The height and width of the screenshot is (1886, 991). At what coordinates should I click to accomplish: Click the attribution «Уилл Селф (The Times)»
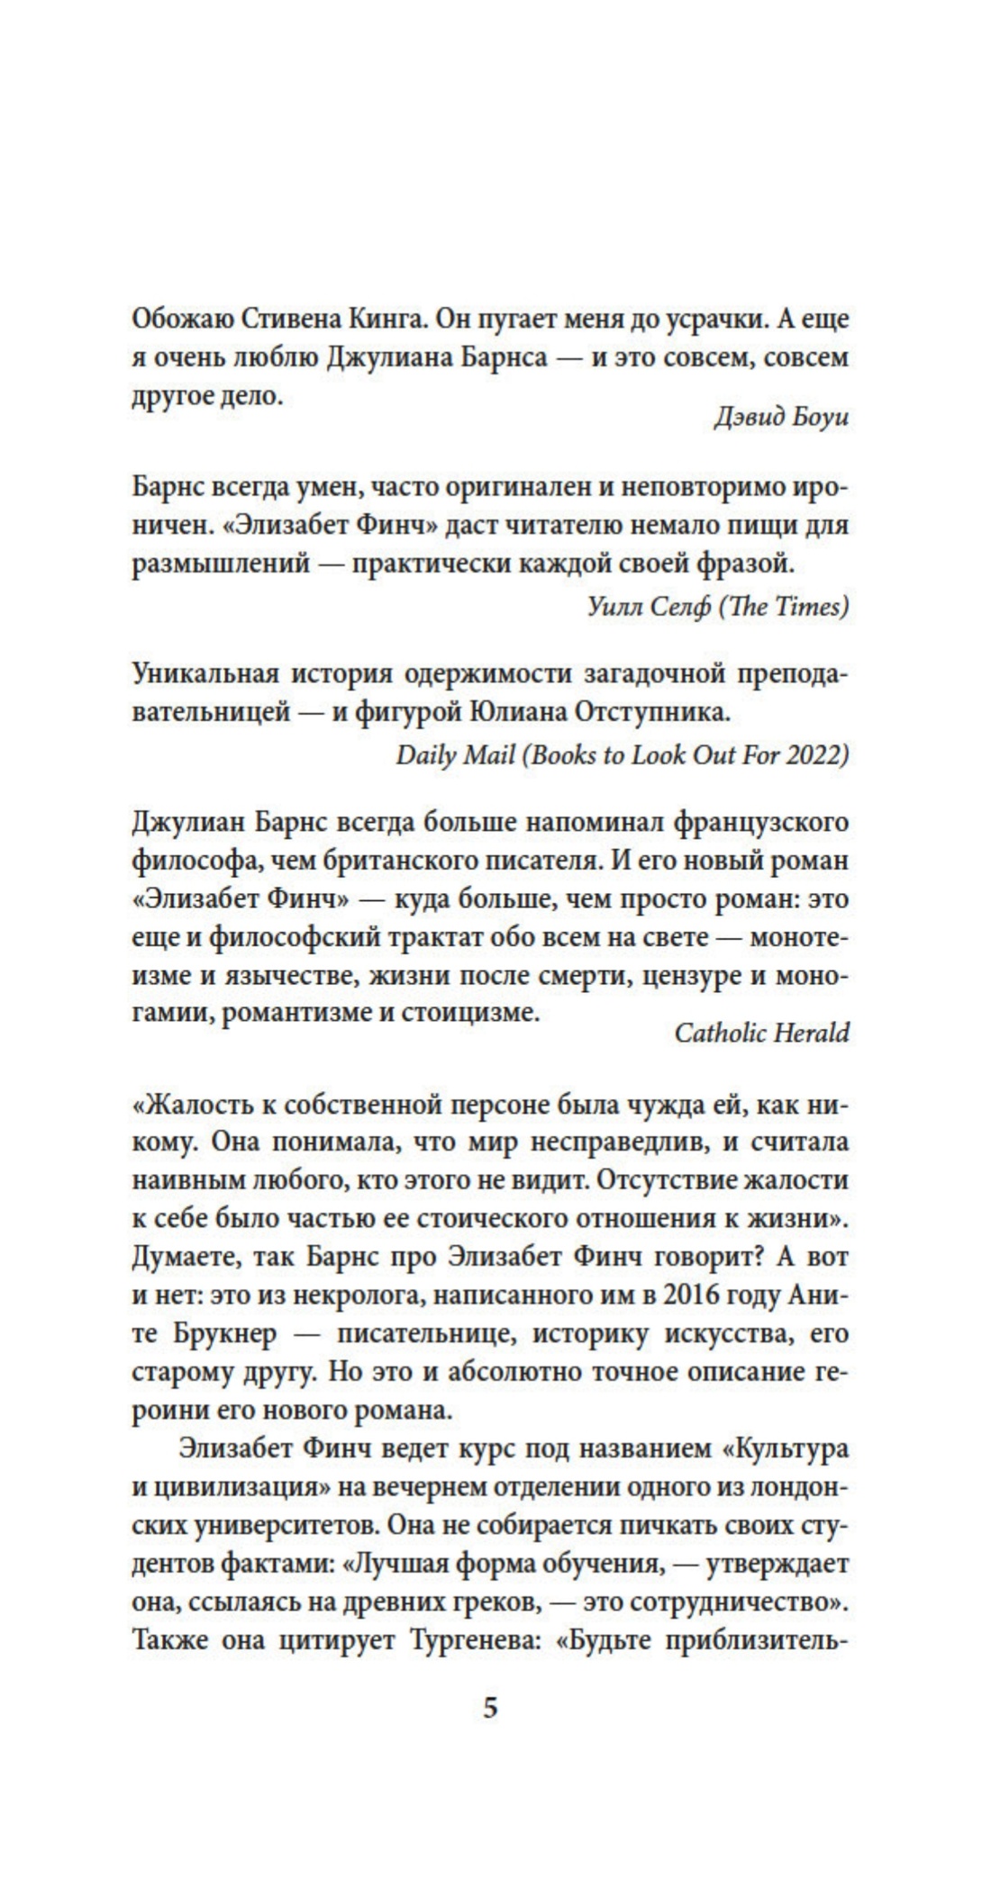(717, 606)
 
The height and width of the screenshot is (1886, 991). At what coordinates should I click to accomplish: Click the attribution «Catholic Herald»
(761, 1032)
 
